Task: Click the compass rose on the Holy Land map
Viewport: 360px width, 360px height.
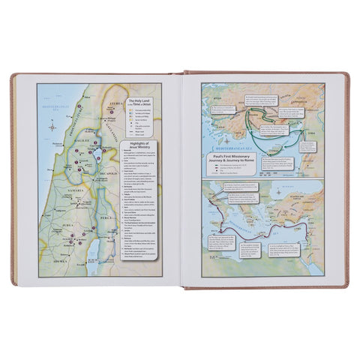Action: [x=52, y=128]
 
